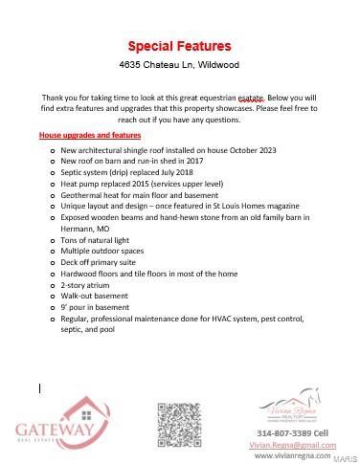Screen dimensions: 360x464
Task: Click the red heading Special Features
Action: (179, 46)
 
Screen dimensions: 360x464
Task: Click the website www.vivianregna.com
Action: (293, 456)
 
